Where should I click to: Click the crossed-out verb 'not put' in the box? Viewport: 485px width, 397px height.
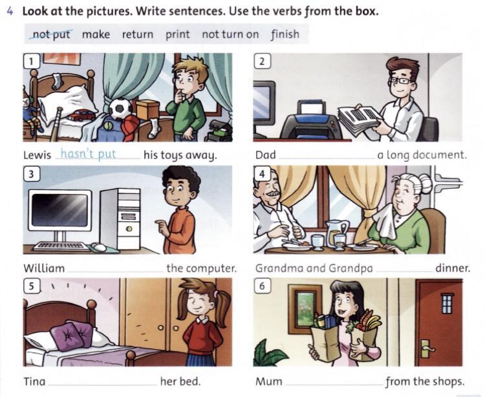51,34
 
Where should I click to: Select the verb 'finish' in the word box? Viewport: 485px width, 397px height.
285,34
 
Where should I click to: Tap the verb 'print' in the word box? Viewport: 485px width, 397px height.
178,34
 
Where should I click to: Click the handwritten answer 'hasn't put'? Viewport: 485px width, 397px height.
88,154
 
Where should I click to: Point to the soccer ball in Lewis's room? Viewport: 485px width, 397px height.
120,109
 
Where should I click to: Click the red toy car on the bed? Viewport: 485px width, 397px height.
81,115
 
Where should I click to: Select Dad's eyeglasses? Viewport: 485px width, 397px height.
400,80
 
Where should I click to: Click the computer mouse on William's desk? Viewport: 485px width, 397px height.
98,247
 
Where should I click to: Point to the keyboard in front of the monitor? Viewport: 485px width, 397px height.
59,246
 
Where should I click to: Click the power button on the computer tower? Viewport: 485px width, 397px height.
129,229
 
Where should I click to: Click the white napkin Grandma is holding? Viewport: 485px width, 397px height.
385,221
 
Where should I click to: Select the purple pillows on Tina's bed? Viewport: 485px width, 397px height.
72,336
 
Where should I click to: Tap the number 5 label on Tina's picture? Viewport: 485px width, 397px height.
31,286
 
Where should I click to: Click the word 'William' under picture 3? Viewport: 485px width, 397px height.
44,268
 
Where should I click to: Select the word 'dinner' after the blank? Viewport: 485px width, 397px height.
453,268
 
